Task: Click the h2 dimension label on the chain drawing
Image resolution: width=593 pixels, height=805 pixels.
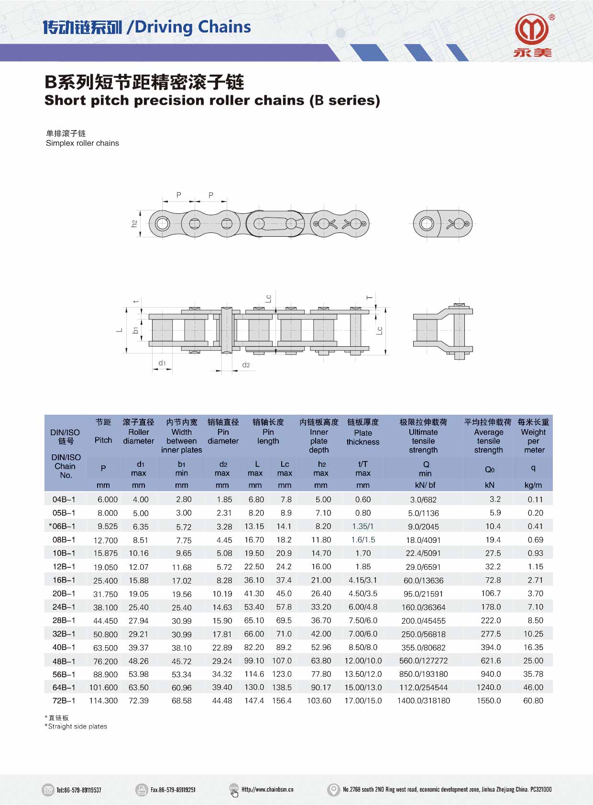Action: [x=134, y=223]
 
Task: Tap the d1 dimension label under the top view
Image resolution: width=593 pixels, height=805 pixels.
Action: [x=162, y=363]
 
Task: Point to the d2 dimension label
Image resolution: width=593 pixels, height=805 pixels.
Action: [x=246, y=365]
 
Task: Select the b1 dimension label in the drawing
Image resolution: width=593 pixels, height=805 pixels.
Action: [x=135, y=330]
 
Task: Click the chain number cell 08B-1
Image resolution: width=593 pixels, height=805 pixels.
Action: [x=64, y=540]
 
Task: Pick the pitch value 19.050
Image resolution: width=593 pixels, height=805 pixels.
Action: [x=105, y=567]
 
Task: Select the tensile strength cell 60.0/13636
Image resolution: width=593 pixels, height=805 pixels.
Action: [x=423, y=580]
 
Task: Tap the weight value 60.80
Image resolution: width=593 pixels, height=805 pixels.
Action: [x=533, y=700]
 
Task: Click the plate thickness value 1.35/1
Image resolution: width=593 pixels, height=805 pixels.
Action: [x=362, y=527]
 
